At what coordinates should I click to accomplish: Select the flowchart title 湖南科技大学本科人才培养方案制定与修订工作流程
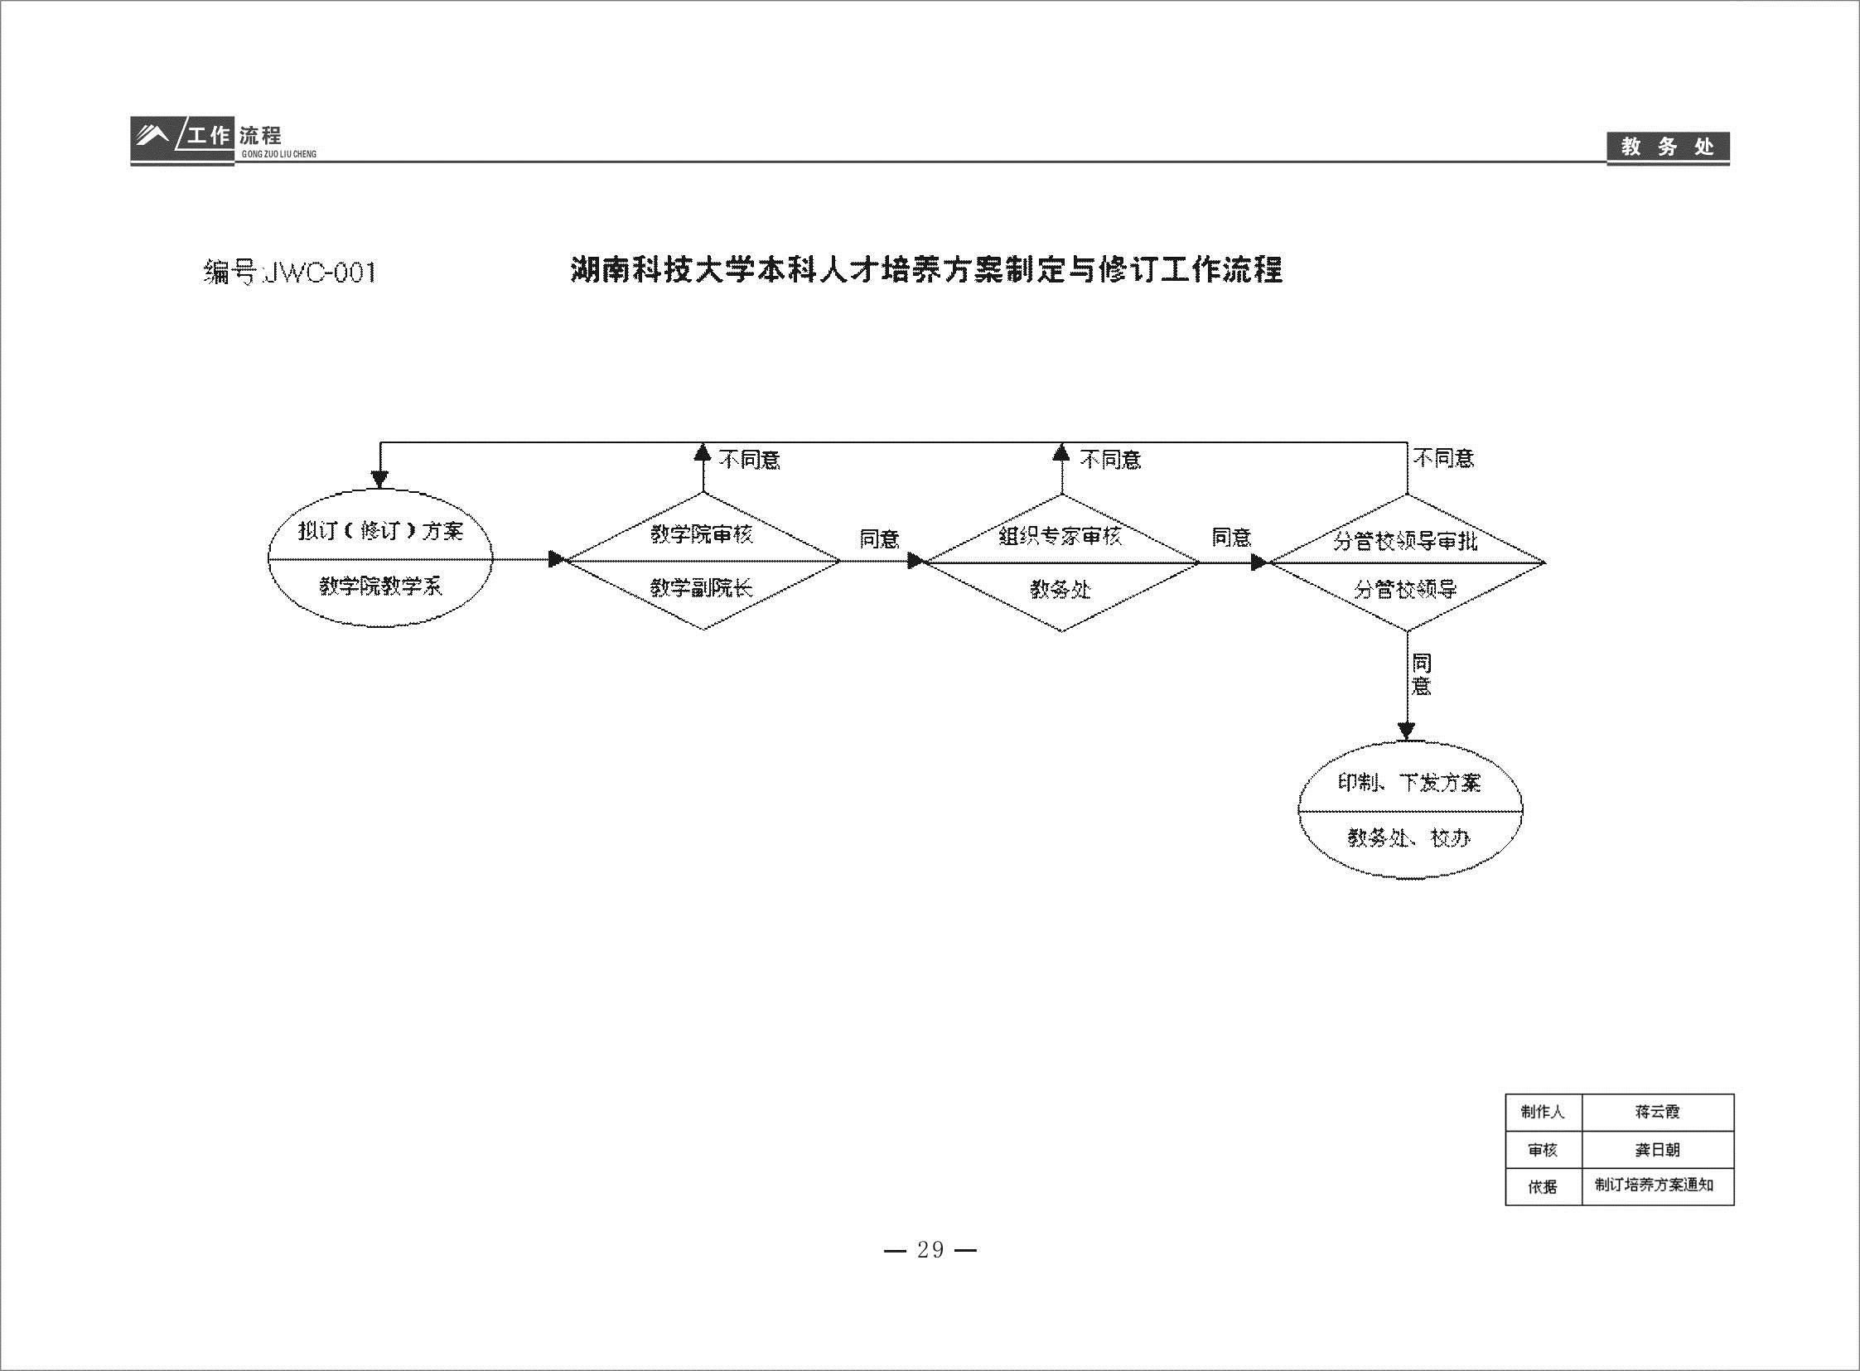927,270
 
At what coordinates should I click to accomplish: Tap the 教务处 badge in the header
1668,147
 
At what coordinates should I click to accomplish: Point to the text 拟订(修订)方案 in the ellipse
381,531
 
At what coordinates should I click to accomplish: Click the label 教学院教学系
381,587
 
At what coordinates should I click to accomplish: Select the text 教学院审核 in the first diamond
702,533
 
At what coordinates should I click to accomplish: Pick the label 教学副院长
702,588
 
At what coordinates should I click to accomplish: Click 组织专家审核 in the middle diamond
1060,536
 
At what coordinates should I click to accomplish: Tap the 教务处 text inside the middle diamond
1060,589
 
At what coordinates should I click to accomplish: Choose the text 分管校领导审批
1405,541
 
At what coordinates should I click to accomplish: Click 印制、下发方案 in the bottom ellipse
1409,783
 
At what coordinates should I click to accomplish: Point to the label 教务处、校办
1409,838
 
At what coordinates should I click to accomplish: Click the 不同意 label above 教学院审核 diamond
750,459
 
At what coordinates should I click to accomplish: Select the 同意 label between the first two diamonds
879,539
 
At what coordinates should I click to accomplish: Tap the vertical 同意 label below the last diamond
1422,674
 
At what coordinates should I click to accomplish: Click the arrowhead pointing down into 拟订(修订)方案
379,480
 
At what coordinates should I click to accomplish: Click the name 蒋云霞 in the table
1658,1112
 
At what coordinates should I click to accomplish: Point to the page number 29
930,1250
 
